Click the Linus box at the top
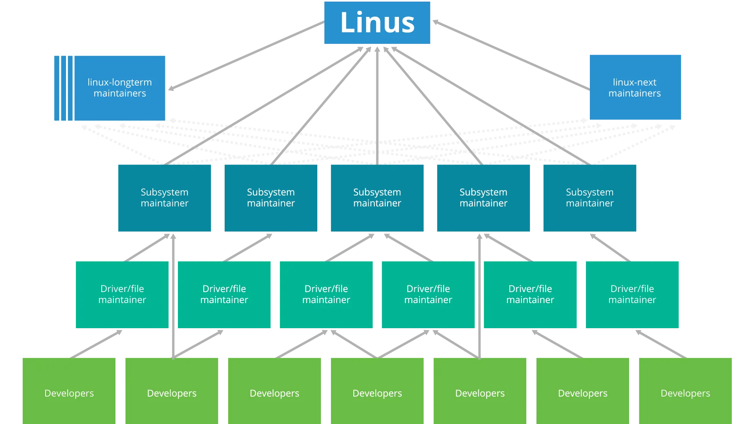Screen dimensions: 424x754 (377, 22)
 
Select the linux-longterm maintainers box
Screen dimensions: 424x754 (120, 88)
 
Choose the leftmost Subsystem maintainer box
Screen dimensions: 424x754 (165, 197)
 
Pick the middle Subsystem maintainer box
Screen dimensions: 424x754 (377, 197)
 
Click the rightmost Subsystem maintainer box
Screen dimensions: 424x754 (590, 197)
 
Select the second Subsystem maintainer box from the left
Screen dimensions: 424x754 (271, 197)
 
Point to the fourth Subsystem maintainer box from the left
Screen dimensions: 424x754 (483, 197)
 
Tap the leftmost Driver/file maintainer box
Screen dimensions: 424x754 (122, 294)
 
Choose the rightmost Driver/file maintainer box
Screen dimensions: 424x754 (632, 294)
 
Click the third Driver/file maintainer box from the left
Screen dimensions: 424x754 (326, 294)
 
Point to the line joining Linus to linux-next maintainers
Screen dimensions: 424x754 (511, 55)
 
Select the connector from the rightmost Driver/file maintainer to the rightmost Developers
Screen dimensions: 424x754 (660, 343)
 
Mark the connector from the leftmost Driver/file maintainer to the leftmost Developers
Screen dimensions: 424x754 (97, 343)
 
